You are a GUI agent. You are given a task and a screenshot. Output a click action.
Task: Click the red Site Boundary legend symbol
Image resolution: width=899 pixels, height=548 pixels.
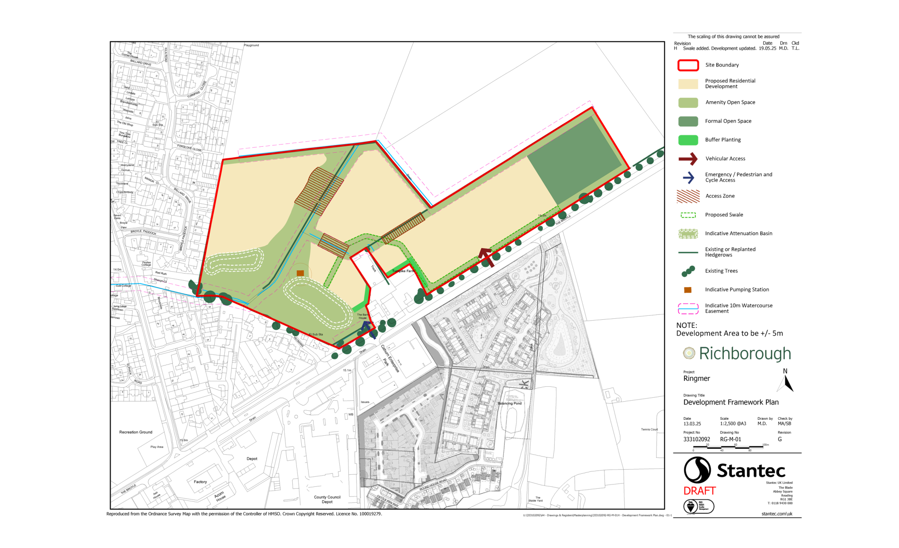(x=688, y=65)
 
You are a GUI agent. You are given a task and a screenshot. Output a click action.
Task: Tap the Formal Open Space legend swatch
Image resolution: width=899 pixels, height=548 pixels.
(x=688, y=121)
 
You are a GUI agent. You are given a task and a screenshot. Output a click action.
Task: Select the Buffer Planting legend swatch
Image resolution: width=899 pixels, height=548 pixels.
(x=688, y=140)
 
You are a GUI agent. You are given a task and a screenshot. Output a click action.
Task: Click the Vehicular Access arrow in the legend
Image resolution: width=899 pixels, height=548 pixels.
(x=688, y=159)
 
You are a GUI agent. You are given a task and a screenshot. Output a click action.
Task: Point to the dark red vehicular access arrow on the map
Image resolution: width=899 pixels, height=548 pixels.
(x=486, y=257)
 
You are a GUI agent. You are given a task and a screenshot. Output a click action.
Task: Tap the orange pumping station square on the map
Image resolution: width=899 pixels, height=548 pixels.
(x=300, y=273)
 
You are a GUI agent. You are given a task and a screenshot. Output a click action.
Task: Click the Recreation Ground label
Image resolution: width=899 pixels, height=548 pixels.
(x=135, y=432)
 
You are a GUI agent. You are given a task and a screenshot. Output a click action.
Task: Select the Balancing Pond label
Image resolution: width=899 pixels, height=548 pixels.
(x=509, y=403)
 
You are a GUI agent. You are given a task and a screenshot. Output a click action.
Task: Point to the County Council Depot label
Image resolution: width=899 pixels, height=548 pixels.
(x=327, y=500)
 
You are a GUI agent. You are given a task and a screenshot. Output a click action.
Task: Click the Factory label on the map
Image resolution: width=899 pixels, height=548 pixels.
(x=200, y=482)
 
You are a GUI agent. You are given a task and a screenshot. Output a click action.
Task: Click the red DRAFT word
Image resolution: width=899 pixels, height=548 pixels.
(x=699, y=491)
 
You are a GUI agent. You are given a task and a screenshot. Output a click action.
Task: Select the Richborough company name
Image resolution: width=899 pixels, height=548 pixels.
(x=744, y=354)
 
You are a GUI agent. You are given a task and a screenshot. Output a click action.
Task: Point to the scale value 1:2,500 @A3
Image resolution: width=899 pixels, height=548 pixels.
(x=733, y=424)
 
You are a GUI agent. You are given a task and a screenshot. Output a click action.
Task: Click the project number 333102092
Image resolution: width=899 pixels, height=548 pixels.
(x=696, y=439)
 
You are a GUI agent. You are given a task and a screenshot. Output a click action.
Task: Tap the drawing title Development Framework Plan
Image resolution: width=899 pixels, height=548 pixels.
(x=730, y=402)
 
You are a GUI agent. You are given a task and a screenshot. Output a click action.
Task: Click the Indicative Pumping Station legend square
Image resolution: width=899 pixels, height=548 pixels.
(x=688, y=290)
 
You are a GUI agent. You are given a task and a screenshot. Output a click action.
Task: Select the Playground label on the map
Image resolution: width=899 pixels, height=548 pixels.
(x=251, y=45)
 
